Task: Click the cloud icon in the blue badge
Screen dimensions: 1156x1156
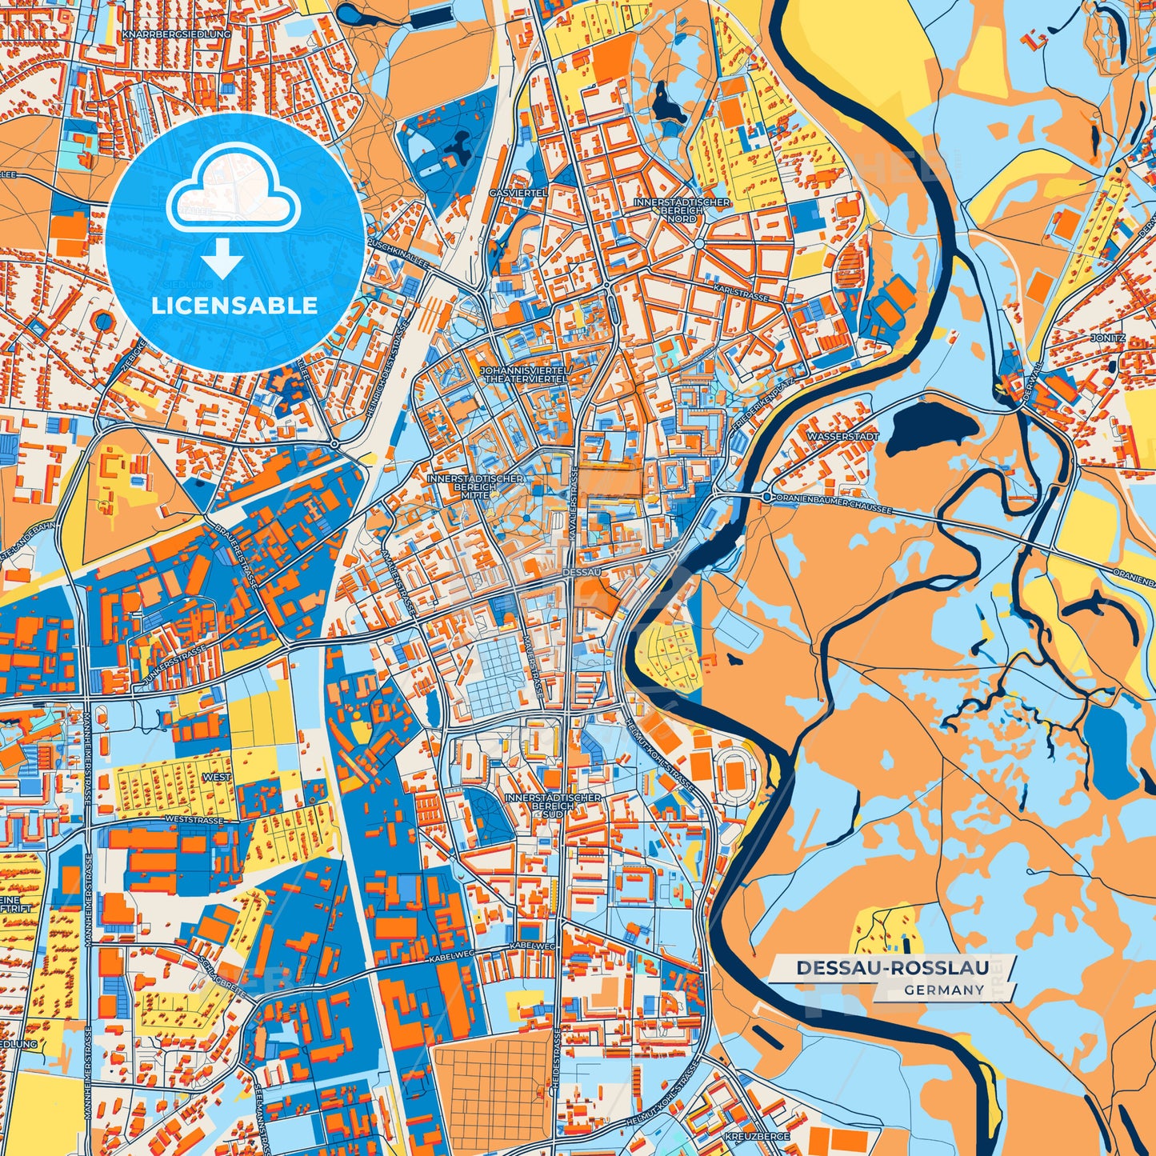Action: pos(233,194)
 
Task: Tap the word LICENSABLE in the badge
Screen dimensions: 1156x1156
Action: pos(234,306)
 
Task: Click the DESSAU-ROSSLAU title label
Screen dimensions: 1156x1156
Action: pos(892,968)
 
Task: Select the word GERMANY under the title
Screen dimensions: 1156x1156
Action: pos(944,990)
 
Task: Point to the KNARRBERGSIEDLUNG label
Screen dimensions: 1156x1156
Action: pos(177,35)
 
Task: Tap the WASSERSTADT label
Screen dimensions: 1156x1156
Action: pos(843,437)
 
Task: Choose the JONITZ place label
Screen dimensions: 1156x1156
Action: pos(1107,338)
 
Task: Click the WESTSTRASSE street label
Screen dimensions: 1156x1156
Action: pos(194,820)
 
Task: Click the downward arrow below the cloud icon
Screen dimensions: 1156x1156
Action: pos(222,258)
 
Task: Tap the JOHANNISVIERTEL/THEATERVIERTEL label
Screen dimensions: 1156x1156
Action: pos(525,374)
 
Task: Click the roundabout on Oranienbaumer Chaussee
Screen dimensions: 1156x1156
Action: pos(766,498)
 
